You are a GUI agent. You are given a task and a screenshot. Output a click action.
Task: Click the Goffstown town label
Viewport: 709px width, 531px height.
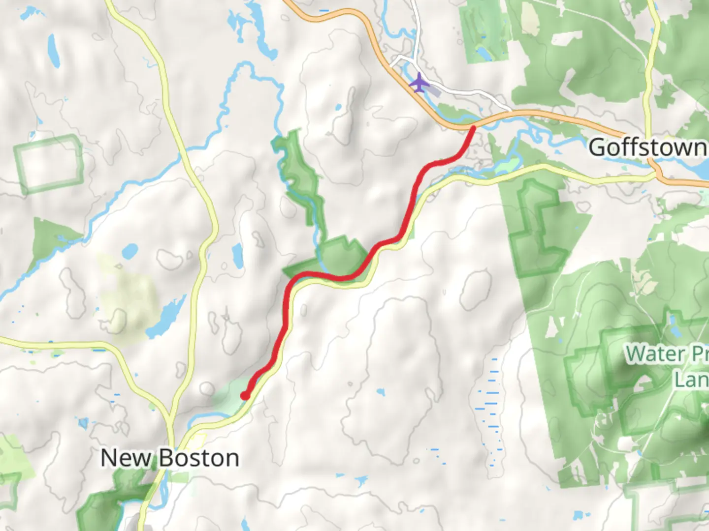[x=648, y=147]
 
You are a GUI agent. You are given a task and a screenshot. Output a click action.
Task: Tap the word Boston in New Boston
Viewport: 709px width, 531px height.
[x=199, y=458]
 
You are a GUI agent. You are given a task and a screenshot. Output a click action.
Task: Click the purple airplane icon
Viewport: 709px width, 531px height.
[x=419, y=83]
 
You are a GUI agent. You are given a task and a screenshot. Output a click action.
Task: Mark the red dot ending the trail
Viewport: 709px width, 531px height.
[x=245, y=396]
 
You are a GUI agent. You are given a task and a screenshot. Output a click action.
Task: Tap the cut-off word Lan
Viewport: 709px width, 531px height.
[x=691, y=380]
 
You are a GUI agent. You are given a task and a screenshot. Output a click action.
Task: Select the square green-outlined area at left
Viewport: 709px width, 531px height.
[x=49, y=163]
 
